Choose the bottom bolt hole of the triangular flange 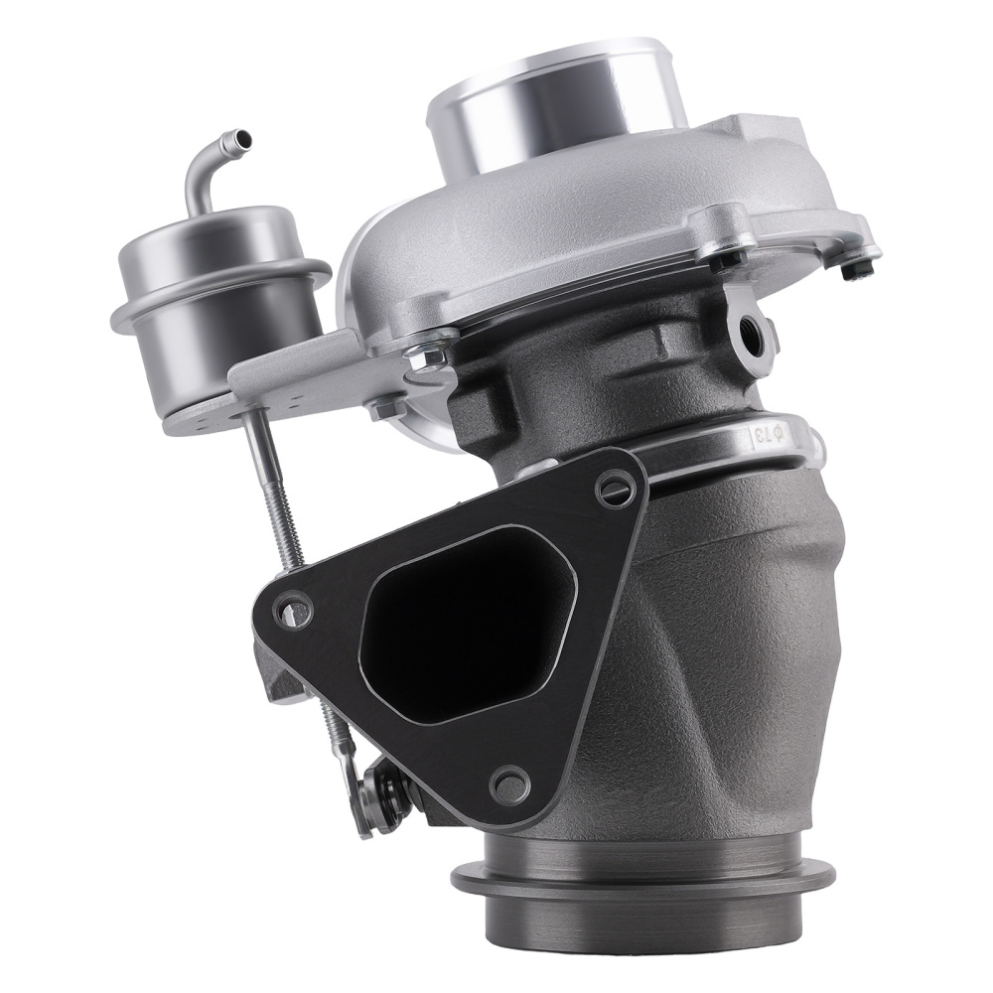point(510,784)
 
